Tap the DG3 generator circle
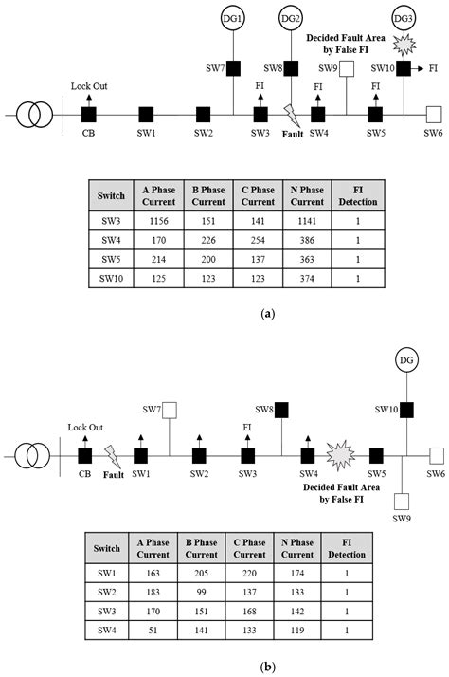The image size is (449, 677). (x=404, y=17)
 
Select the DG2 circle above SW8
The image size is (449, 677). (x=292, y=17)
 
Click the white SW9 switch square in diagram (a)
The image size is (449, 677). (x=348, y=67)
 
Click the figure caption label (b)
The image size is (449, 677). (x=224, y=667)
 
